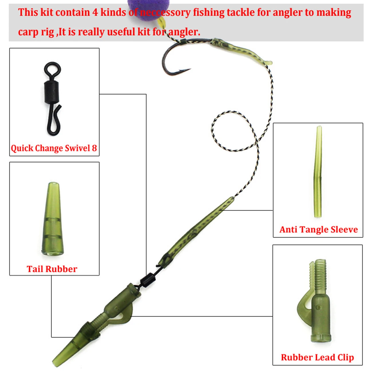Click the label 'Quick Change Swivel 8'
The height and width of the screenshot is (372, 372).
pos(54,148)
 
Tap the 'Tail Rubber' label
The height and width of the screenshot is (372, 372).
pos(52,269)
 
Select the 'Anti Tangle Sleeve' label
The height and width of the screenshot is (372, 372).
pos(318,229)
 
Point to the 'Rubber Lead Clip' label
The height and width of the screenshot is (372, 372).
pos(317,357)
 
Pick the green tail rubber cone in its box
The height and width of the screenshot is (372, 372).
pos(52,219)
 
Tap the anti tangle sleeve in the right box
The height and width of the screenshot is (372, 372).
pos(318,172)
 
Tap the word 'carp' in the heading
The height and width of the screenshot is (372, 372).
pos(27,32)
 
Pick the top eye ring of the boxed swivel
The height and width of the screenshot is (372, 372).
pos(53,69)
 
